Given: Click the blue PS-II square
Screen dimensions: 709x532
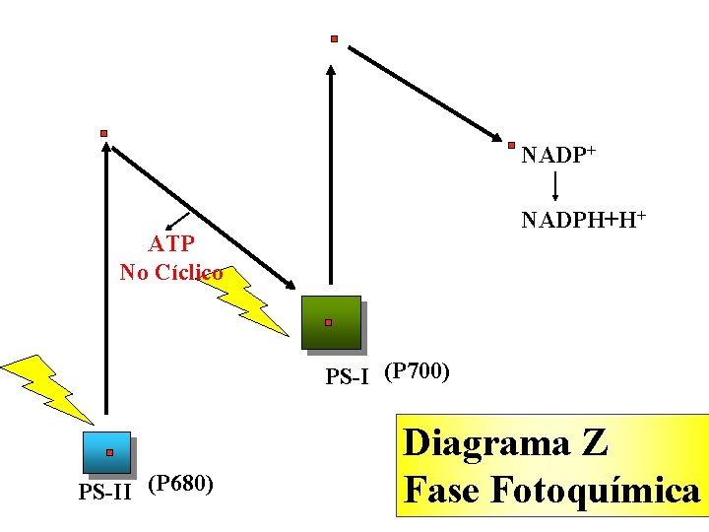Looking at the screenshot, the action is [107, 453].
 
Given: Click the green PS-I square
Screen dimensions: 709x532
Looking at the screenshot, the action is [332, 321].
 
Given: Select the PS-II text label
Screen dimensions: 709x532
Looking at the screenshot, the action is [104, 491].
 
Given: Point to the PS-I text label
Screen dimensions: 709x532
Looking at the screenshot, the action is [348, 375].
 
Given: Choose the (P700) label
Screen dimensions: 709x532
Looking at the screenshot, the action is [418, 370].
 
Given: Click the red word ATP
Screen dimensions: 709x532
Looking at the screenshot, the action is [171, 243].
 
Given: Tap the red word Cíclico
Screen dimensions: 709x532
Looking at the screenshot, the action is [192, 272].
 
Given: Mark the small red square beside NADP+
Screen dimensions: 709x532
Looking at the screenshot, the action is [512, 146].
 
